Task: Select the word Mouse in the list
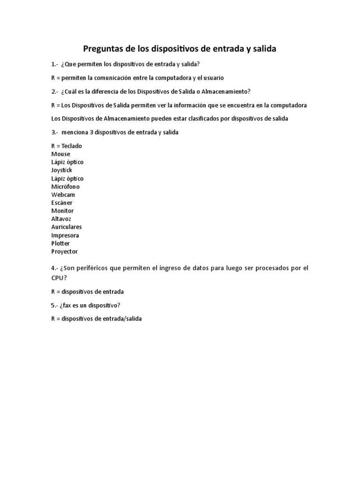tap(60, 154)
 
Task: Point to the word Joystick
tap(61, 170)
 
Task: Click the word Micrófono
tap(65, 187)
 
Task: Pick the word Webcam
tap(63, 195)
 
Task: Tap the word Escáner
tap(62, 202)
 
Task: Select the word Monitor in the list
tap(62, 211)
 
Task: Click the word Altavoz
tap(61, 219)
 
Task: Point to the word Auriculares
tap(66, 227)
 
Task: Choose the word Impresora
tap(65, 235)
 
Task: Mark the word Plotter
tap(60, 243)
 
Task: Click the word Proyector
tap(64, 251)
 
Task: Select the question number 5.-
tap(54, 305)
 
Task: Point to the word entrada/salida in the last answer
tap(123, 319)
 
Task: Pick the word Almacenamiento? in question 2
tap(223, 91)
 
